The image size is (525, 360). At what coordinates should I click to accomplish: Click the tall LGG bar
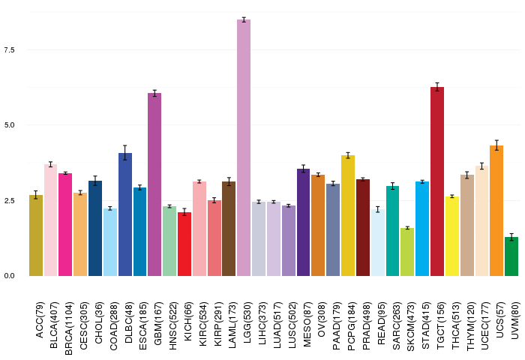[244, 148]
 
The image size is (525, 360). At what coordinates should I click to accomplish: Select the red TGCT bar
[437, 181]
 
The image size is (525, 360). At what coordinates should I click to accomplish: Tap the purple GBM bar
[154, 184]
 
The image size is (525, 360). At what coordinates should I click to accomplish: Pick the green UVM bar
[511, 256]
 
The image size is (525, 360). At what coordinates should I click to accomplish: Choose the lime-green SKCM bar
[407, 252]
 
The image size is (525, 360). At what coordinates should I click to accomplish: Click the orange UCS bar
[496, 211]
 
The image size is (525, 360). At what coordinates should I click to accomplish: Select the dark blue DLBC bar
[125, 214]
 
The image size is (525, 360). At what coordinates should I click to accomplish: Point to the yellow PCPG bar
[348, 216]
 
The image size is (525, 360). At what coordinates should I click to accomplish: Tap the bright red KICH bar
[184, 244]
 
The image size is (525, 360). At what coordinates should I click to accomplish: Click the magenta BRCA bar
[65, 225]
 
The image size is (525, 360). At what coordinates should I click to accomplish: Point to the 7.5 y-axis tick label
[9, 50]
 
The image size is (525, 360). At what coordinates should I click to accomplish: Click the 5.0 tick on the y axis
[9, 125]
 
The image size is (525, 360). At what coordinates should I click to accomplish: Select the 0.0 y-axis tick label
[9, 276]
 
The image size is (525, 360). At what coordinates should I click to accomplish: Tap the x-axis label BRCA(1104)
[69, 328]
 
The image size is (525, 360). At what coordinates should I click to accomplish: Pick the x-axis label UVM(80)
[515, 320]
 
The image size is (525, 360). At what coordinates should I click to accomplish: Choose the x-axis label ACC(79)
[40, 320]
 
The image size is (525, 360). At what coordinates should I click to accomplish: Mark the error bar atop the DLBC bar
[125, 153]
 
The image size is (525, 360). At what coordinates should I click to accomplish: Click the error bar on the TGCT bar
[437, 87]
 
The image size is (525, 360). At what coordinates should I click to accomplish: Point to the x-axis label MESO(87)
[307, 324]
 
